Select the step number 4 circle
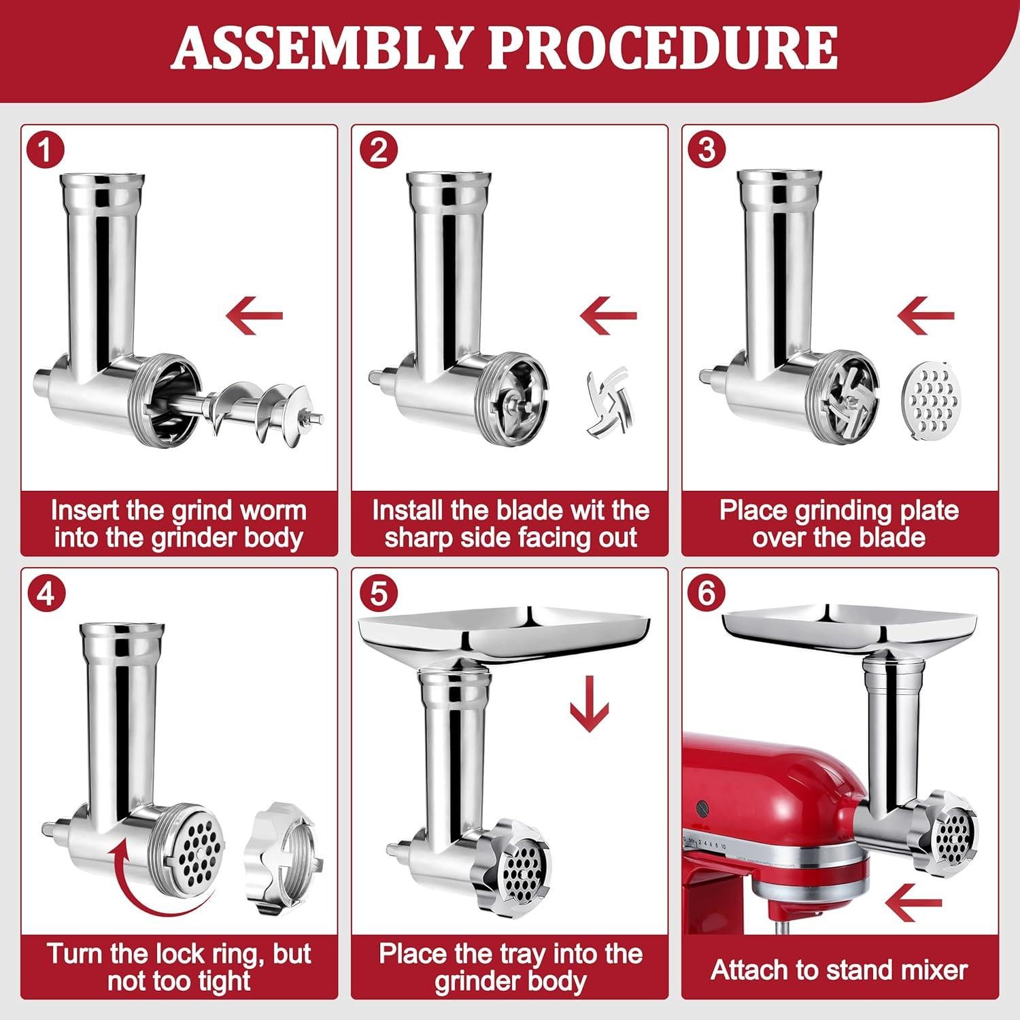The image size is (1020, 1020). tap(46, 593)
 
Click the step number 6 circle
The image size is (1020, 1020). tap(707, 593)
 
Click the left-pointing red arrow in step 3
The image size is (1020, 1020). tap(926, 315)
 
